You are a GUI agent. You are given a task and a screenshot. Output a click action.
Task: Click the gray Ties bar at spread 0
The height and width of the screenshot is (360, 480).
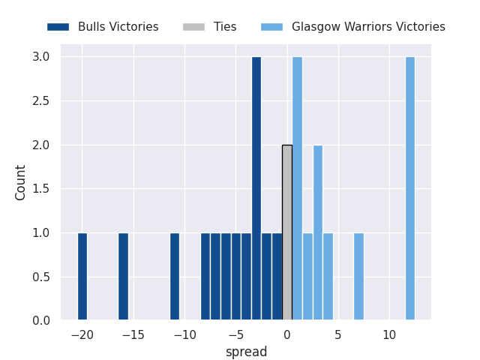pyautogui.click(x=287, y=232)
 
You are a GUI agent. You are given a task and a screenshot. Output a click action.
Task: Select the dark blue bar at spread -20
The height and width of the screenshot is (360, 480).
pyautogui.click(x=82, y=277)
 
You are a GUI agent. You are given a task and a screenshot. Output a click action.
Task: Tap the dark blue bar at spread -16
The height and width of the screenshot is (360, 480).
pyautogui.click(x=123, y=277)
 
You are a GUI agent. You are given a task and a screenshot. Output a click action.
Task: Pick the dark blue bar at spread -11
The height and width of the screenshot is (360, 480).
pyautogui.click(x=175, y=277)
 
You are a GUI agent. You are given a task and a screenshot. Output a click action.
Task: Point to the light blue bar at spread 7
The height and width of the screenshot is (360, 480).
pyautogui.click(x=358, y=277)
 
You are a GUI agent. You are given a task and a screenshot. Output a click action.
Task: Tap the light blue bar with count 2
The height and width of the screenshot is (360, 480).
pyautogui.click(x=318, y=232)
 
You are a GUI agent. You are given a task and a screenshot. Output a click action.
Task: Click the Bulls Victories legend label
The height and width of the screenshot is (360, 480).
pyautogui.click(x=118, y=27)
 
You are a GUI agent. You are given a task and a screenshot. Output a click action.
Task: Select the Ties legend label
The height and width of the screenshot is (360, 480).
pyautogui.click(x=225, y=27)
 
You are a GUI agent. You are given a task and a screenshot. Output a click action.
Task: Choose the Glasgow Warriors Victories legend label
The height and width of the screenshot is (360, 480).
pyautogui.click(x=368, y=27)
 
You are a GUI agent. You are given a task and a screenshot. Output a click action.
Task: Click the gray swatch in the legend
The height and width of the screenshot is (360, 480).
pyautogui.click(x=193, y=27)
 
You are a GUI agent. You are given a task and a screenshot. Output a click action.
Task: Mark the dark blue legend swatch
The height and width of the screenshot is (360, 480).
pyautogui.click(x=58, y=27)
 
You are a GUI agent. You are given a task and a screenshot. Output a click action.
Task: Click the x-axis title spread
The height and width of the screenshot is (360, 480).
pyautogui.click(x=246, y=352)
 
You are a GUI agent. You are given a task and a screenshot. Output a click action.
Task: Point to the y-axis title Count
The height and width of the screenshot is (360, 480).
pyautogui.click(x=21, y=182)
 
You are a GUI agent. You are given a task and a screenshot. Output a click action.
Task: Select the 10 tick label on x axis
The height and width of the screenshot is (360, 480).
pyautogui.click(x=389, y=335)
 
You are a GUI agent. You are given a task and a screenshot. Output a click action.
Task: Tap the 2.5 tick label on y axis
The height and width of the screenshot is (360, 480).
pyautogui.click(x=41, y=101)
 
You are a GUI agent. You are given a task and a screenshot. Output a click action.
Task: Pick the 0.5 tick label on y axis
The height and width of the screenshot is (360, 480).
pyautogui.click(x=41, y=277)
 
